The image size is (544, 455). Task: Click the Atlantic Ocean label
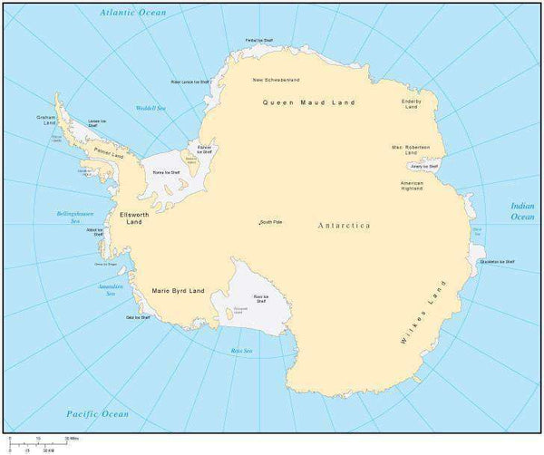[x=133, y=14]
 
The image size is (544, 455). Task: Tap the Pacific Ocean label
[x=98, y=413]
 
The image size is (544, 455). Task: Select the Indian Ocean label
[x=522, y=212]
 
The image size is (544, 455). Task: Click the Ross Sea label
[x=241, y=350]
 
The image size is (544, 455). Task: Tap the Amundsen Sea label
[x=111, y=290]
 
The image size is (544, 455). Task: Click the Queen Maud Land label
[x=309, y=102]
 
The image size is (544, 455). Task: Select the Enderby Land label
[x=412, y=103]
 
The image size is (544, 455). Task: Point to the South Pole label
[x=270, y=222]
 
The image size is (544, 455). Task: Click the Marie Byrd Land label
[x=178, y=291]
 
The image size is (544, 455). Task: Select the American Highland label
[x=413, y=187]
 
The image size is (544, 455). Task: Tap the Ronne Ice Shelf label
[x=166, y=169]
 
